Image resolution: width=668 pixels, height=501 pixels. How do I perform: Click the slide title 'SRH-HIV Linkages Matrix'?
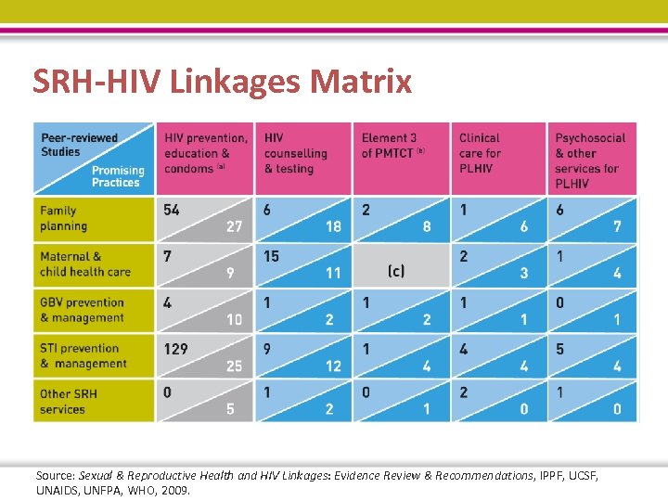[x=222, y=82]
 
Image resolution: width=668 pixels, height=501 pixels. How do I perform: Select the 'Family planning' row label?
[x=64, y=218]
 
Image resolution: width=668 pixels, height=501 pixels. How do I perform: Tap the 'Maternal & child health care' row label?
[x=84, y=264]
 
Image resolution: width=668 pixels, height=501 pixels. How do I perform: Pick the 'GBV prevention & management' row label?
[x=82, y=310]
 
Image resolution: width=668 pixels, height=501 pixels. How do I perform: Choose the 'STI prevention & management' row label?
[x=83, y=356]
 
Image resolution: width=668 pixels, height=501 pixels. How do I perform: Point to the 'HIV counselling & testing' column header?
[x=296, y=153]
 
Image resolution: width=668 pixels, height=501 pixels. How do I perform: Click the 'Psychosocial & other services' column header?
[x=590, y=161]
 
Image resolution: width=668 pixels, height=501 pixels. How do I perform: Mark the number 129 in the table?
[x=175, y=349]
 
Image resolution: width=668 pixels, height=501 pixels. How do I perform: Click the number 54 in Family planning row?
[x=172, y=210]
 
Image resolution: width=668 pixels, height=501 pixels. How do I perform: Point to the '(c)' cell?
[x=396, y=271]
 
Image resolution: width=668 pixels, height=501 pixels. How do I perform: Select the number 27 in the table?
[x=235, y=227]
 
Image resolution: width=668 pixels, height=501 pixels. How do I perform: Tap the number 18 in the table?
[x=333, y=227]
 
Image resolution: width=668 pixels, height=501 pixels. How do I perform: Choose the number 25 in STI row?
[x=234, y=366]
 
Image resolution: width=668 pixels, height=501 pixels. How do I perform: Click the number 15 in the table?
[x=271, y=256]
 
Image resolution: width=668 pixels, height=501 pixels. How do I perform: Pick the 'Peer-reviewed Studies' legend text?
[x=79, y=145]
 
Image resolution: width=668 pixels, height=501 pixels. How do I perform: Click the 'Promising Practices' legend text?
[x=118, y=176]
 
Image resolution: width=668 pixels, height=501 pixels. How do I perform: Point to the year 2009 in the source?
[x=174, y=490]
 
